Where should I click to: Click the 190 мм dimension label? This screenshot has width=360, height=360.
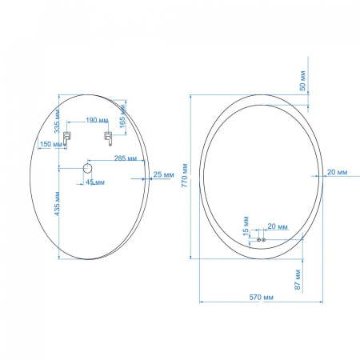pyautogui.click(x=97, y=121)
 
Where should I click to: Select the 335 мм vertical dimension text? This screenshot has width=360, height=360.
pyautogui.click(x=57, y=122)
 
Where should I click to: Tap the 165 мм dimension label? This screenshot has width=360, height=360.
pyautogui.click(x=122, y=116)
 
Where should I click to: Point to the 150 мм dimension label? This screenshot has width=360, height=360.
pyautogui.click(x=51, y=144)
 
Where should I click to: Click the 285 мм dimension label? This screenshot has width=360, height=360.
pyautogui.click(x=126, y=158)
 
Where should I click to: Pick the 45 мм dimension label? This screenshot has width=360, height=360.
pyautogui.click(x=95, y=182)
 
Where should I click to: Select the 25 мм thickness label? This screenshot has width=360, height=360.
pyautogui.click(x=163, y=174)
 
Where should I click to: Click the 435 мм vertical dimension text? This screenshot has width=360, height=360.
pyautogui.click(x=57, y=204)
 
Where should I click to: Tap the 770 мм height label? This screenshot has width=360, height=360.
pyautogui.click(x=185, y=175)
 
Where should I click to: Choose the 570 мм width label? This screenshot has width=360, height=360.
pyautogui.click(x=262, y=297)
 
